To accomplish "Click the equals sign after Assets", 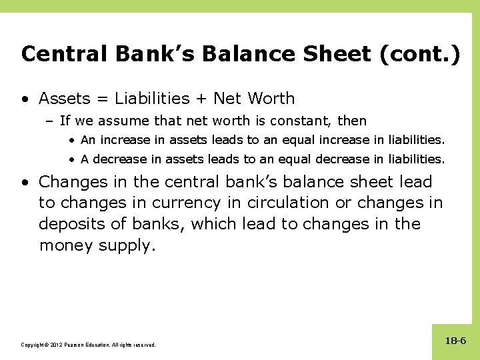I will (x=103, y=99).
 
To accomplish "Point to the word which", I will (x=213, y=223).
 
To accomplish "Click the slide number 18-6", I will (x=456, y=341).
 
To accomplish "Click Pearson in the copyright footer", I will (x=78, y=345).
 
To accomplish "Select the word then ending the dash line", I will (x=353, y=121).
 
